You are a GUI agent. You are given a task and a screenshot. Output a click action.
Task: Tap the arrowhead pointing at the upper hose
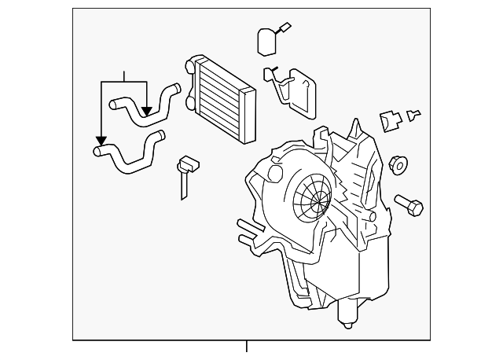click(x=146, y=111)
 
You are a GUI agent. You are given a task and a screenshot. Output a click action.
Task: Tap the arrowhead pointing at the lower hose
click(x=101, y=141)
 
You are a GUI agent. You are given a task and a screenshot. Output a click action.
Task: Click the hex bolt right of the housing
click(x=411, y=206)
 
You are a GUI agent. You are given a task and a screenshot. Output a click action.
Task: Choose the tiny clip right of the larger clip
click(x=414, y=116)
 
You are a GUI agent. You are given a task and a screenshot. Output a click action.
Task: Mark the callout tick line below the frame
click(x=247, y=347)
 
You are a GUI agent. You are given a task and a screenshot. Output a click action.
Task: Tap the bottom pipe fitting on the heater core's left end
click(x=189, y=101)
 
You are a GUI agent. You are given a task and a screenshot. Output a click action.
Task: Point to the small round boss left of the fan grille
click(x=274, y=174)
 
